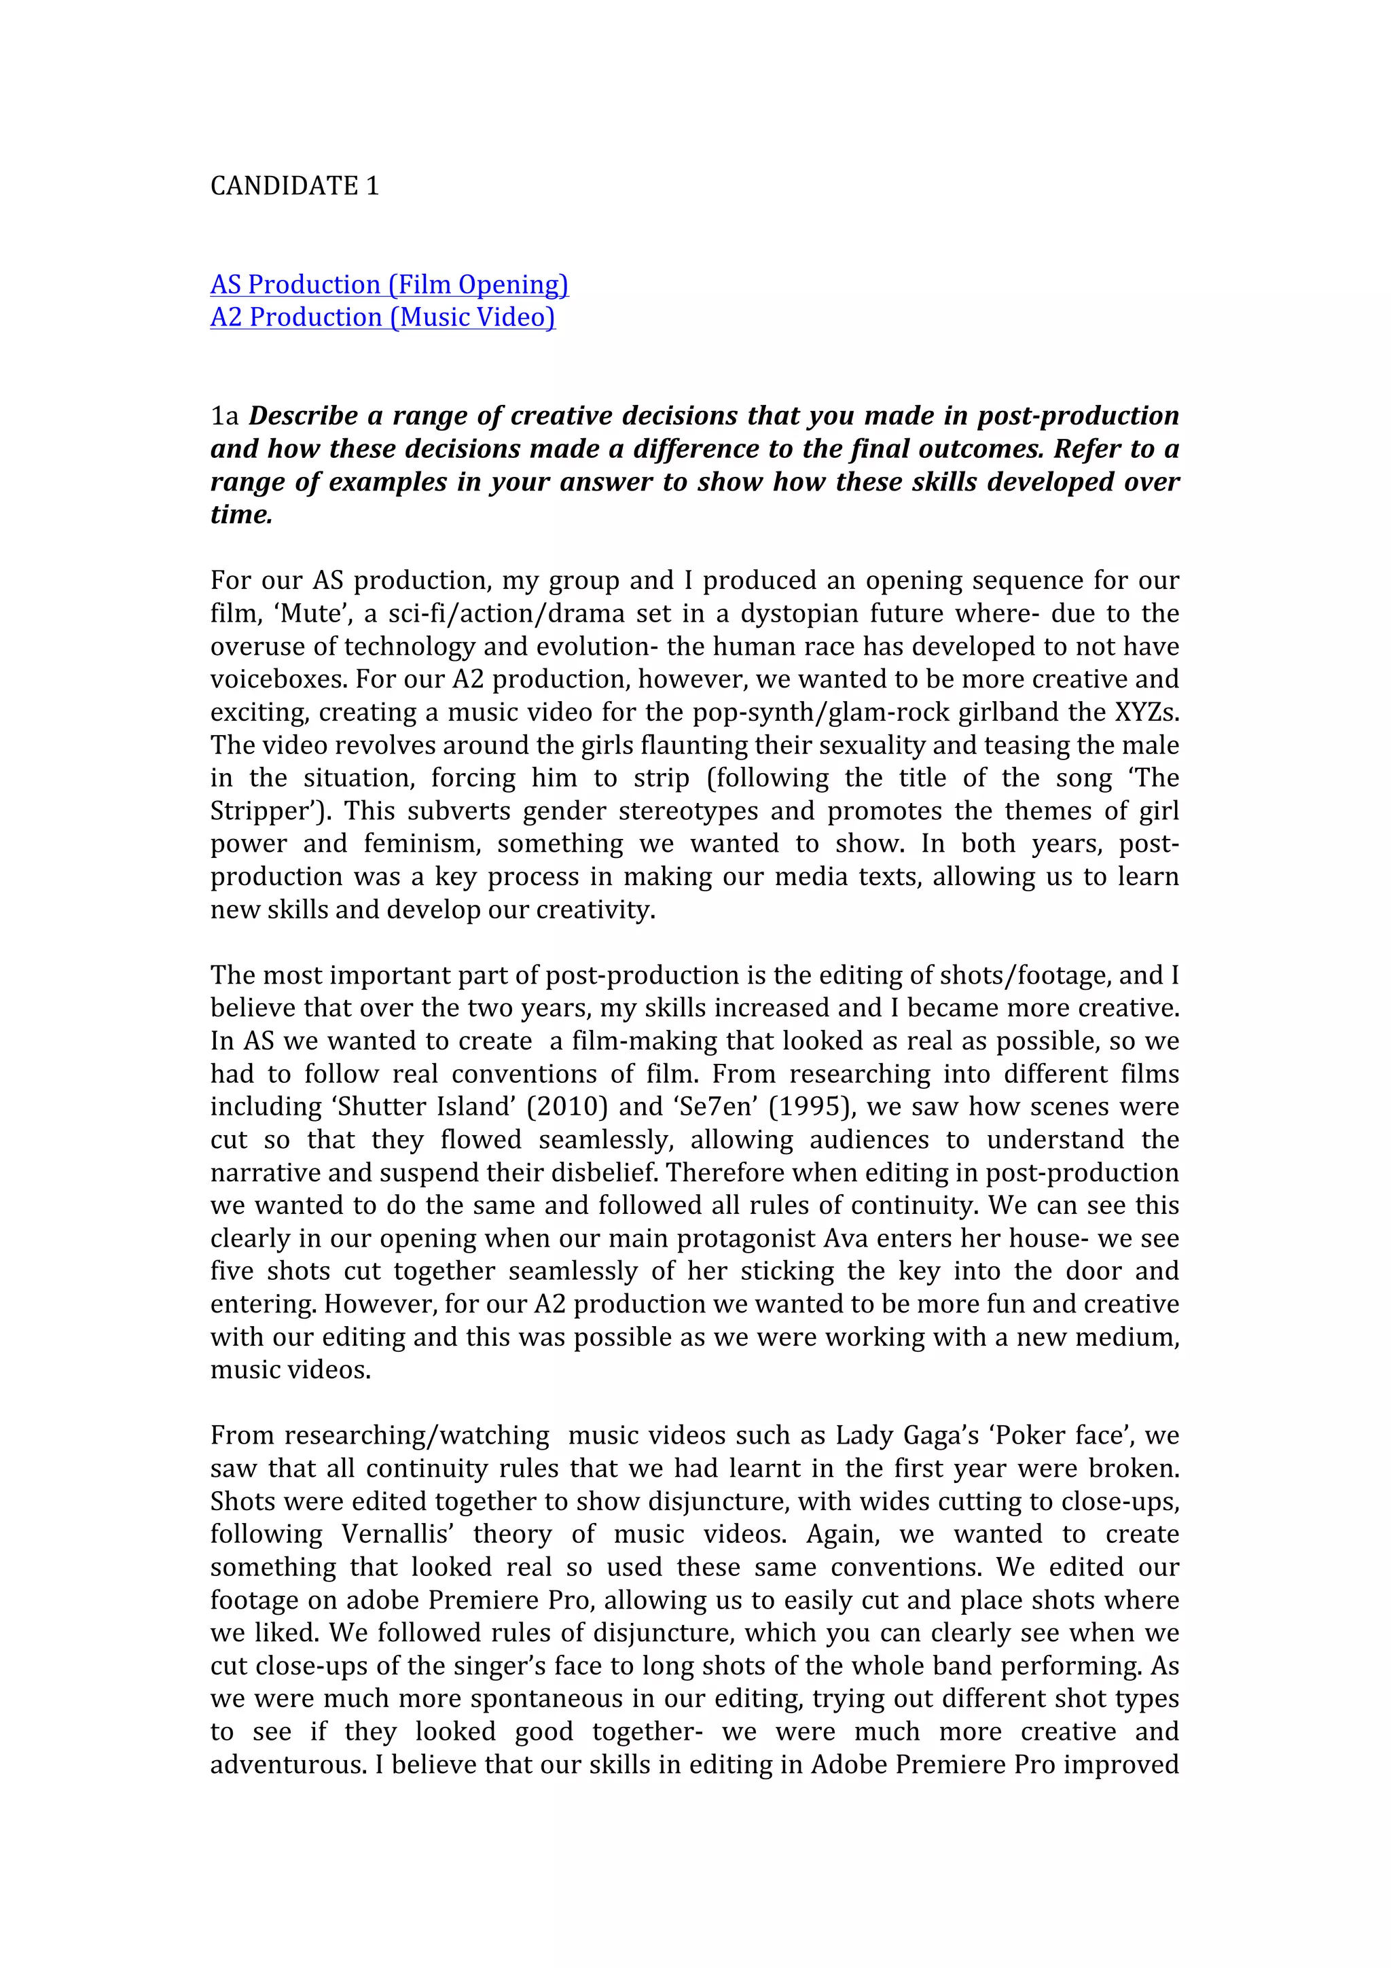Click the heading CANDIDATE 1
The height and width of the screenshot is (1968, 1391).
pos(294,186)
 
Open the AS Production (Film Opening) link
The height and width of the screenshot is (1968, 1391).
pos(389,285)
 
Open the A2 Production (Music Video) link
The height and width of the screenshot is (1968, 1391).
pos(382,317)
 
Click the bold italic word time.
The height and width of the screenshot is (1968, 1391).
pos(241,515)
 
